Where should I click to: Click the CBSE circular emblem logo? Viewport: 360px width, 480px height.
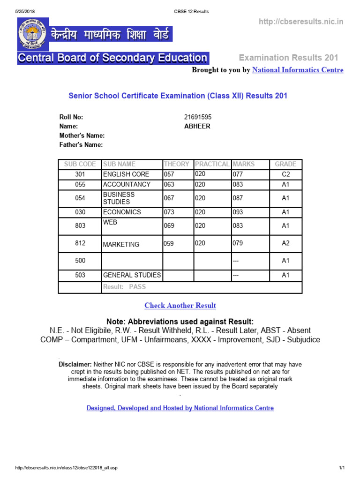(31, 34)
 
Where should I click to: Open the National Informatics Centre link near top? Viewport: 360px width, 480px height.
(298, 70)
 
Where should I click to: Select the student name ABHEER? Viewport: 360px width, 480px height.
(197, 126)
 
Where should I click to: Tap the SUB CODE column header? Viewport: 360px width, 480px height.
(80, 164)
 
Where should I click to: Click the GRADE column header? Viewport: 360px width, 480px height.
(285, 164)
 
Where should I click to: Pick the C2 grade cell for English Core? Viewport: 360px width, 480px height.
(285, 174)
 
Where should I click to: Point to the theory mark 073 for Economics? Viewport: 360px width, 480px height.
(169, 212)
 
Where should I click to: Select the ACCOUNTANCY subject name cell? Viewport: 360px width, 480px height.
(127, 184)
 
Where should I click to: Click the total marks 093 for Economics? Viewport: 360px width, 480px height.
(238, 212)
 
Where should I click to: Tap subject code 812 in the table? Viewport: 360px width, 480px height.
(80, 244)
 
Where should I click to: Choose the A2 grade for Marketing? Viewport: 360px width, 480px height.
(285, 243)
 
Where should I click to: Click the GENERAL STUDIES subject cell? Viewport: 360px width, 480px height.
(132, 275)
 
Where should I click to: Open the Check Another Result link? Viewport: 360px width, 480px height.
(180, 306)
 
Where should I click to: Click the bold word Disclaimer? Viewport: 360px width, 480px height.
(75, 364)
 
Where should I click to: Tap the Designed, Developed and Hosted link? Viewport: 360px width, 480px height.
(180, 408)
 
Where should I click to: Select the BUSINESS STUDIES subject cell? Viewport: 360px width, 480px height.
(119, 198)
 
